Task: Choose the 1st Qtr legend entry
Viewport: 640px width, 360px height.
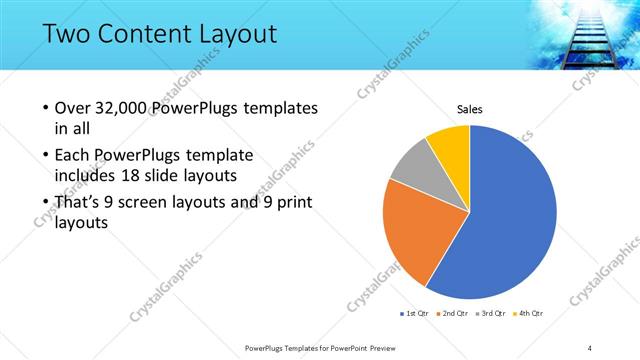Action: [x=415, y=314]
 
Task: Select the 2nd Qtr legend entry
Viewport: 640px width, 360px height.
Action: [x=453, y=314]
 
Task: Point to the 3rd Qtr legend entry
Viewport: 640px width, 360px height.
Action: [x=491, y=314]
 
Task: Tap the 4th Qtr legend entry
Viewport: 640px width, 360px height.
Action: [x=529, y=314]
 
